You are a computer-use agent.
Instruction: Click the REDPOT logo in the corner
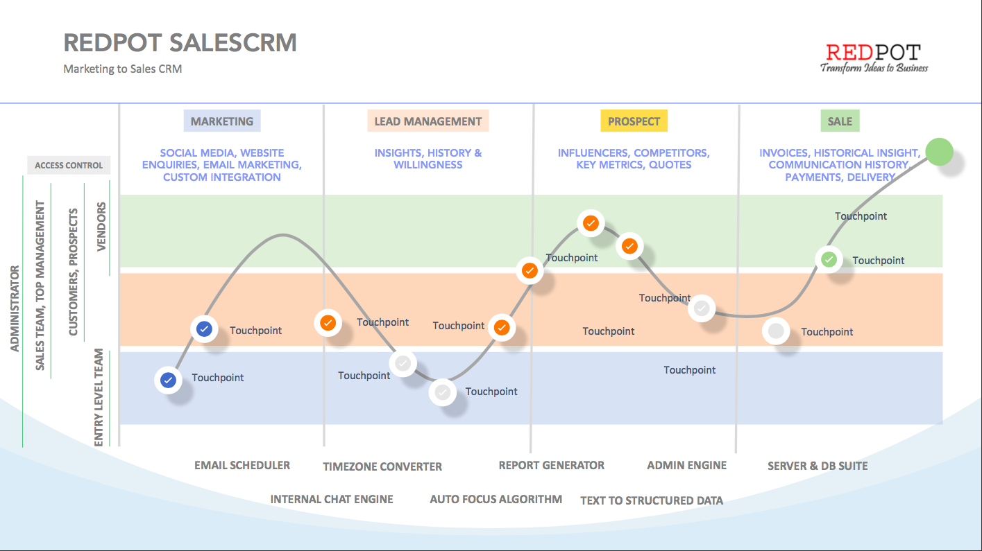[874, 58]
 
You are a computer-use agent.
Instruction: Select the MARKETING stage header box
[222, 121]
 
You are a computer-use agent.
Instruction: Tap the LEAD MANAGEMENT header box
[427, 121]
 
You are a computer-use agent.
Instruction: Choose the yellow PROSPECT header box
[634, 121]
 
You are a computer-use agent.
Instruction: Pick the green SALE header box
[840, 121]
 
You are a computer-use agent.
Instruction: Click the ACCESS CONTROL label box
[69, 166]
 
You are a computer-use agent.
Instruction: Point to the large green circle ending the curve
[940, 152]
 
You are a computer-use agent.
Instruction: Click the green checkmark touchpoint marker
[829, 260]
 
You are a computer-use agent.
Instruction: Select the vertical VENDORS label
[102, 227]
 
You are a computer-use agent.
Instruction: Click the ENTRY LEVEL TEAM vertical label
[99, 397]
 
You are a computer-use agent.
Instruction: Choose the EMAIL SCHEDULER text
[242, 466]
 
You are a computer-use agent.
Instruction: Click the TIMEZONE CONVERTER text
[382, 466]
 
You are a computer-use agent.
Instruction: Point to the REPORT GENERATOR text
[552, 466]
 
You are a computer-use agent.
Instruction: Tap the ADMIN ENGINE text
[687, 466]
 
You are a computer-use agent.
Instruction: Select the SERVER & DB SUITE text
[818, 466]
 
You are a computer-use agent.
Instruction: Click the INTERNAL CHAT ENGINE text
[332, 499]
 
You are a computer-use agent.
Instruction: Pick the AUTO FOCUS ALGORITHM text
[496, 499]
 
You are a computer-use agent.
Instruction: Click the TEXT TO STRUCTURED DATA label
[652, 500]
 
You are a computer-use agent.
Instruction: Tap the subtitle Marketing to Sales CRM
[123, 69]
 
